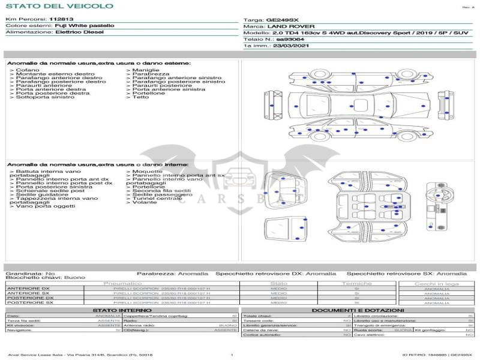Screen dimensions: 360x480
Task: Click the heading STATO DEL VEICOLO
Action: tap(59, 6)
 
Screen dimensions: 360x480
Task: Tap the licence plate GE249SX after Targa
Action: tap(282, 20)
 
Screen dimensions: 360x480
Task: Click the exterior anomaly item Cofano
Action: tap(27, 70)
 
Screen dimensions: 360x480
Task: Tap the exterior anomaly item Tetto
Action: tap(140, 97)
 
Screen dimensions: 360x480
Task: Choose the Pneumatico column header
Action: tap(122, 283)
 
